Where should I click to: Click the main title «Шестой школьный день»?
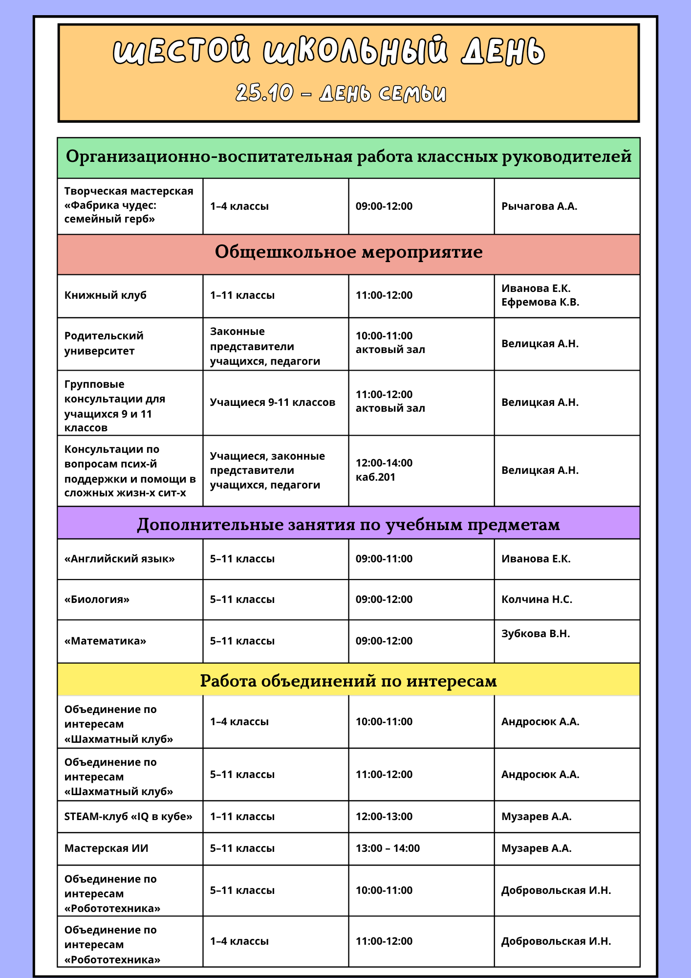pyautogui.click(x=328, y=51)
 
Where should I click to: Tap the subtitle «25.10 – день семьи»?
pyautogui.click(x=341, y=93)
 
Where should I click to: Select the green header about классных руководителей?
pyautogui.click(x=348, y=157)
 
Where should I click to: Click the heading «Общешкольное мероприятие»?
pyautogui.click(x=348, y=252)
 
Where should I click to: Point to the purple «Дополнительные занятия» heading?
pyautogui.click(x=348, y=524)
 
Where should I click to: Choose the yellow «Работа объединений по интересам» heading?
pyautogui.click(x=348, y=681)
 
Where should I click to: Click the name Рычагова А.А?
pyautogui.click(x=539, y=206)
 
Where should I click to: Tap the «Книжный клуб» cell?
pyautogui.click(x=106, y=295)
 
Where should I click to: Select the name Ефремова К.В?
pyautogui.click(x=540, y=302)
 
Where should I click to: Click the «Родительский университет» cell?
pyautogui.click(x=104, y=343)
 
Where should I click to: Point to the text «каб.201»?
pyautogui.click(x=375, y=477)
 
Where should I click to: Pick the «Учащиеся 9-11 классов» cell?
pyautogui.click(x=273, y=402)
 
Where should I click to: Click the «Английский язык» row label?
pyautogui.click(x=120, y=559)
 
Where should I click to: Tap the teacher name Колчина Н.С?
pyautogui.click(x=537, y=600)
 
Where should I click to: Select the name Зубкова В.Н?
pyautogui.click(x=536, y=634)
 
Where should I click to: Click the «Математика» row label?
pyautogui.click(x=106, y=641)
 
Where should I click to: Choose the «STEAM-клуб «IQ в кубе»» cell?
pyautogui.click(x=129, y=817)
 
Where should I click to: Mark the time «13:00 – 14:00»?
pyautogui.click(x=388, y=848)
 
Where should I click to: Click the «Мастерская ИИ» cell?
pyautogui.click(x=107, y=848)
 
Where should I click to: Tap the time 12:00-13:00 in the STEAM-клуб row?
pyautogui.click(x=384, y=817)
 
